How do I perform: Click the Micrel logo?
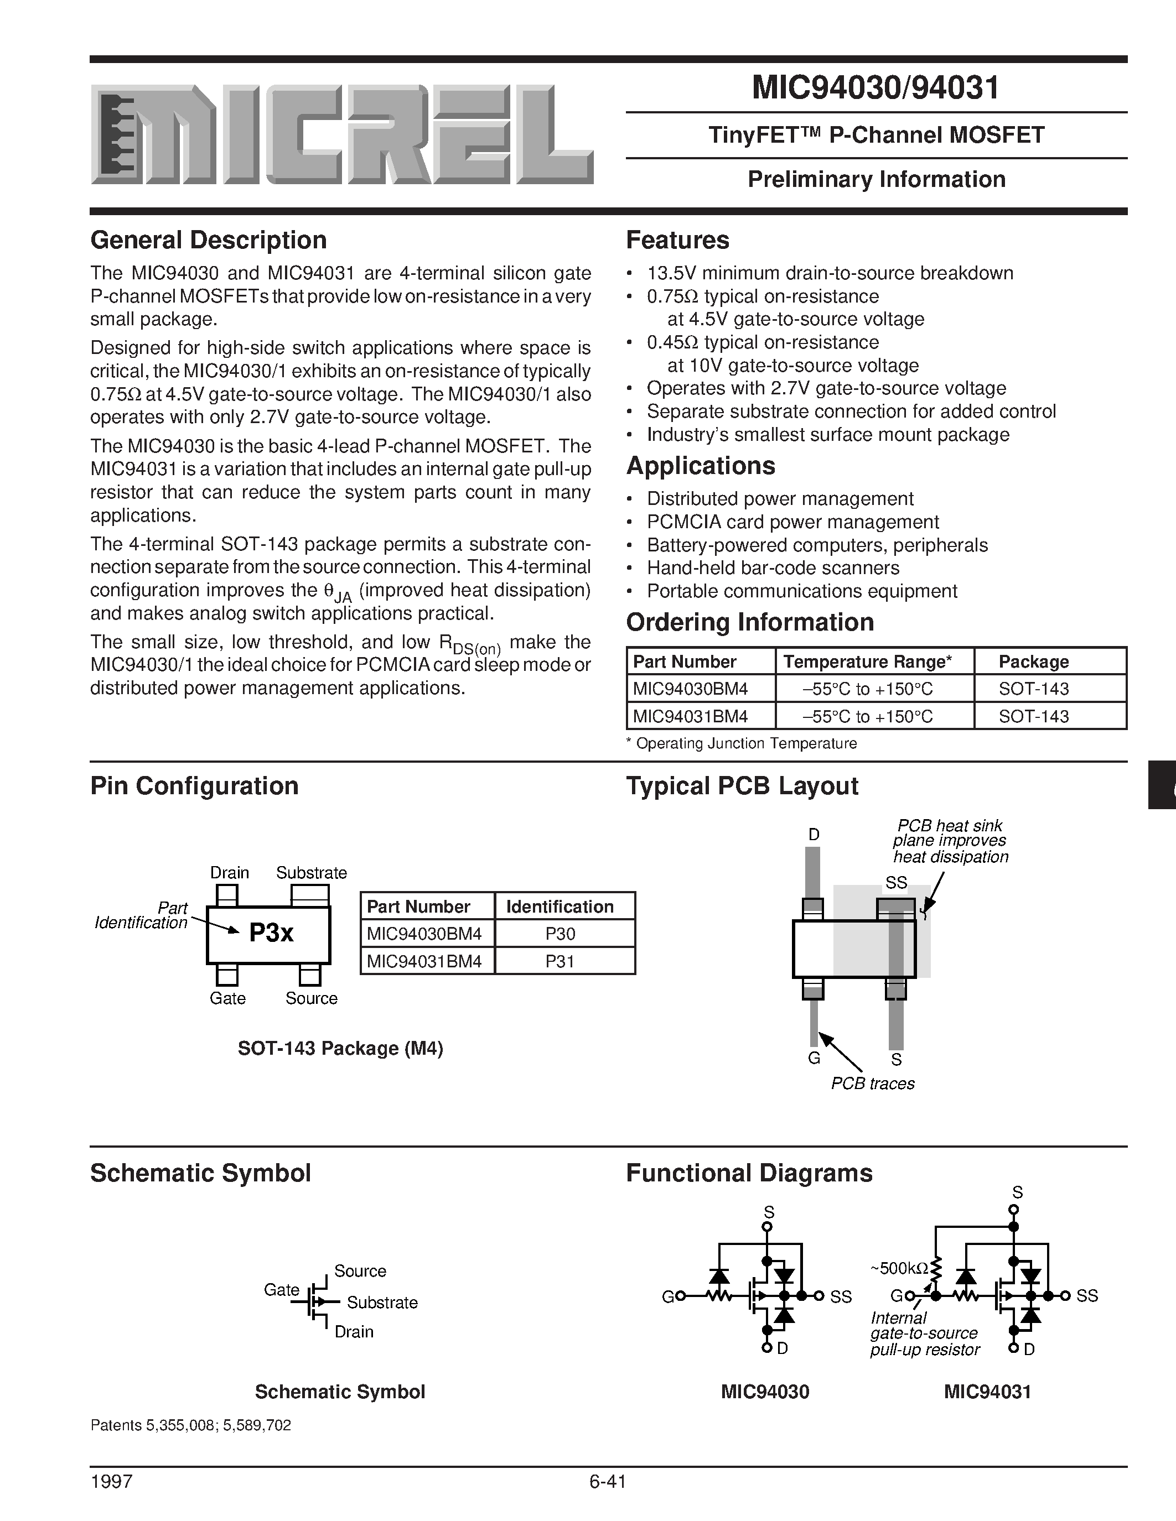point(341,134)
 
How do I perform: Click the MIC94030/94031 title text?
point(875,88)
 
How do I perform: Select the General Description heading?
point(208,240)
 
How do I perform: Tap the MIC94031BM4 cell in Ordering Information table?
point(690,716)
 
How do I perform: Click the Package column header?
point(1033,661)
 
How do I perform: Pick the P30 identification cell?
point(560,934)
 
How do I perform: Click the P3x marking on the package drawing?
point(271,933)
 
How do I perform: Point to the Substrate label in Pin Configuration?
point(312,873)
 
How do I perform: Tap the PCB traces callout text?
point(872,1083)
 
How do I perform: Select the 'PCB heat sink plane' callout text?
point(950,841)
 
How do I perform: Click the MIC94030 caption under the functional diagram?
point(765,1392)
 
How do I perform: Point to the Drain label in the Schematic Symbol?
point(354,1332)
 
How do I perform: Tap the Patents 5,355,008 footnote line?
point(191,1425)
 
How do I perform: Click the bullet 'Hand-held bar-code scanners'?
point(773,568)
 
